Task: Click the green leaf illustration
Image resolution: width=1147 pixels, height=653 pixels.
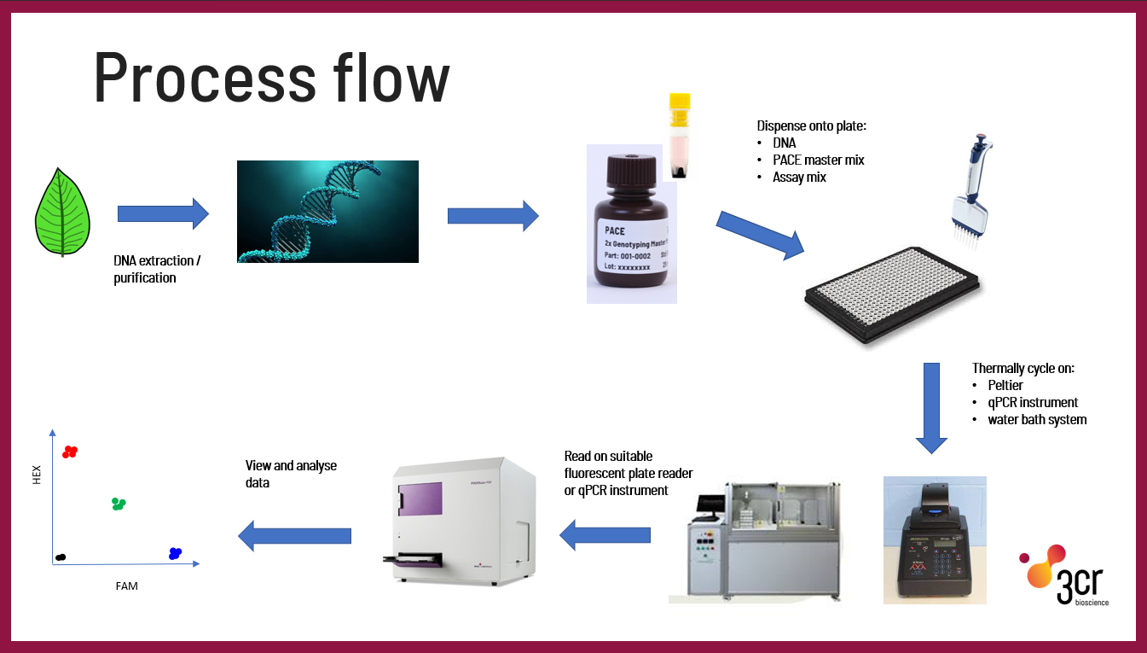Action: (x=61, y=212)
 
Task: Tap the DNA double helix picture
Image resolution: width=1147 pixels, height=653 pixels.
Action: (x=327, y=211)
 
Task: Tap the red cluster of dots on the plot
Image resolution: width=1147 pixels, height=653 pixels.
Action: (x=70, y=452)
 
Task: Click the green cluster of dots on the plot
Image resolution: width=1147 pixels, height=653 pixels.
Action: (x=119, y=504)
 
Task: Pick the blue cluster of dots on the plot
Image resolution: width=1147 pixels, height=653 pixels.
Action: (x=176, y=553)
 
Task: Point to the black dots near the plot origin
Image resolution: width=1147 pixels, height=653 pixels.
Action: (x=60, y=557)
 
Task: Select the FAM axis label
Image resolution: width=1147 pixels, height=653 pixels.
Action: (x=126, y=586)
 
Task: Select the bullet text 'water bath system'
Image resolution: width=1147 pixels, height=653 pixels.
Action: (x=1037, y=419)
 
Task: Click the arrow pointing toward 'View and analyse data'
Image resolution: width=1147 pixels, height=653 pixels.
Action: (x=294, y=535)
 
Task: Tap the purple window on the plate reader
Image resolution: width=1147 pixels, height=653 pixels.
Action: (x=420, y=499)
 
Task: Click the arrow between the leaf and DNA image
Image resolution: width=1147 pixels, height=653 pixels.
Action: (x=163, y=213)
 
